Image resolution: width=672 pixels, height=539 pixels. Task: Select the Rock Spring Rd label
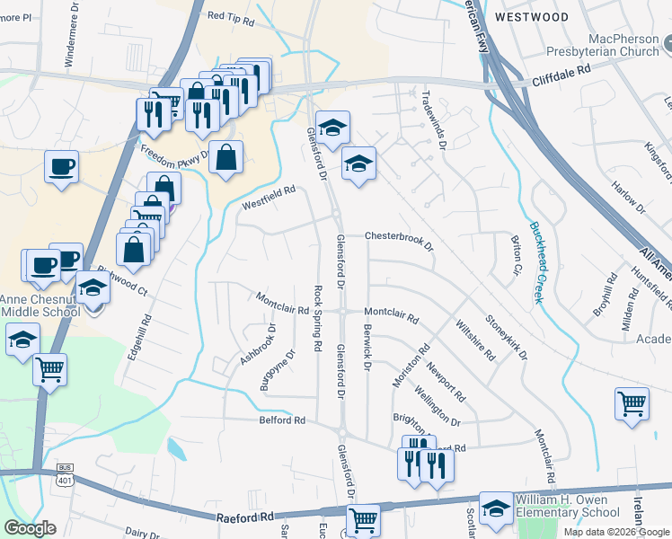click(x=317, y=318)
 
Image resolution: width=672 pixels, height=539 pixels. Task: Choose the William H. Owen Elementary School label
click(x=566, y=506)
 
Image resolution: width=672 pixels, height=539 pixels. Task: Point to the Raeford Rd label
click(x=245, y=518)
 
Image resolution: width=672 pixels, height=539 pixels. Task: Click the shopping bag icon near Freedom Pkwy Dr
click(x=225, y=157)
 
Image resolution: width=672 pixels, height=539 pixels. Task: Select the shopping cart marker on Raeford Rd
click(x=363, y=518)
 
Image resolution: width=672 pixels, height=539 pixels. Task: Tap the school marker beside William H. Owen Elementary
click(x=496, y=508)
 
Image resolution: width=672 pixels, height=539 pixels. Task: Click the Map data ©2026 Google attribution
click(x=616, y=532)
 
